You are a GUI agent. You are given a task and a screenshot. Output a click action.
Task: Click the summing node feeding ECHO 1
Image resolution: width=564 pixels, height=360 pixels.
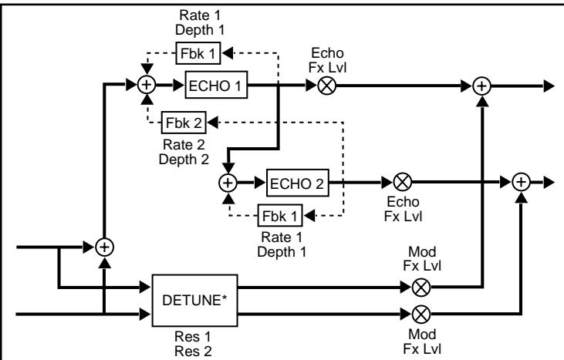[147, 85]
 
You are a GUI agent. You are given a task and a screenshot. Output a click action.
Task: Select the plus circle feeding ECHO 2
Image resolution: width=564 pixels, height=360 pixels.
[228, 183]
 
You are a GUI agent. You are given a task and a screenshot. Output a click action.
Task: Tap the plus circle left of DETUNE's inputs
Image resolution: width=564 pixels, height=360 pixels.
[104, 247]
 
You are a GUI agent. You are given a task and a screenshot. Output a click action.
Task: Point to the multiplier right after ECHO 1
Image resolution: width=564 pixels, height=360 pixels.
[327, 86]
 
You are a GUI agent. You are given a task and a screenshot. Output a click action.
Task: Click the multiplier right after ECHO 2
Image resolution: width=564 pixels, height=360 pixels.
[402, 182]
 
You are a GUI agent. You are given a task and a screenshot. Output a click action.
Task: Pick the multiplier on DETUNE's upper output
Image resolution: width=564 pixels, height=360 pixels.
[420, 287]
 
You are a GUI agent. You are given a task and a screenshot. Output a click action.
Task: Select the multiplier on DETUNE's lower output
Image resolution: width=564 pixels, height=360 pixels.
[420, 315]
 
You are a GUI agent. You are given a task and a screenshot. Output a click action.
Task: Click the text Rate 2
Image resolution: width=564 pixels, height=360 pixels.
[184, 144]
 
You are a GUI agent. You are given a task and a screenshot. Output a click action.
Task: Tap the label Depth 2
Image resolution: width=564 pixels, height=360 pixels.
[184, 159]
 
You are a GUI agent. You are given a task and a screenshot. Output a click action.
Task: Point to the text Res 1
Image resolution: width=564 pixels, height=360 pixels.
[192, 337]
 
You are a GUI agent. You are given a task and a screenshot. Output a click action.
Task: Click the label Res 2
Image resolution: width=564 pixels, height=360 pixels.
[193, 351]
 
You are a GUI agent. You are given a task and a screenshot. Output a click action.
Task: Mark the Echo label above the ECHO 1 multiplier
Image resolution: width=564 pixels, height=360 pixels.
[327, 53]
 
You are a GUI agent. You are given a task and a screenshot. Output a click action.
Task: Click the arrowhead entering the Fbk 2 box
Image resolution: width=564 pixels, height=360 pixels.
[212, 123]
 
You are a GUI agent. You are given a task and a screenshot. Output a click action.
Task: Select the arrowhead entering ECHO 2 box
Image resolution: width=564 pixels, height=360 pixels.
[260, 183]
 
